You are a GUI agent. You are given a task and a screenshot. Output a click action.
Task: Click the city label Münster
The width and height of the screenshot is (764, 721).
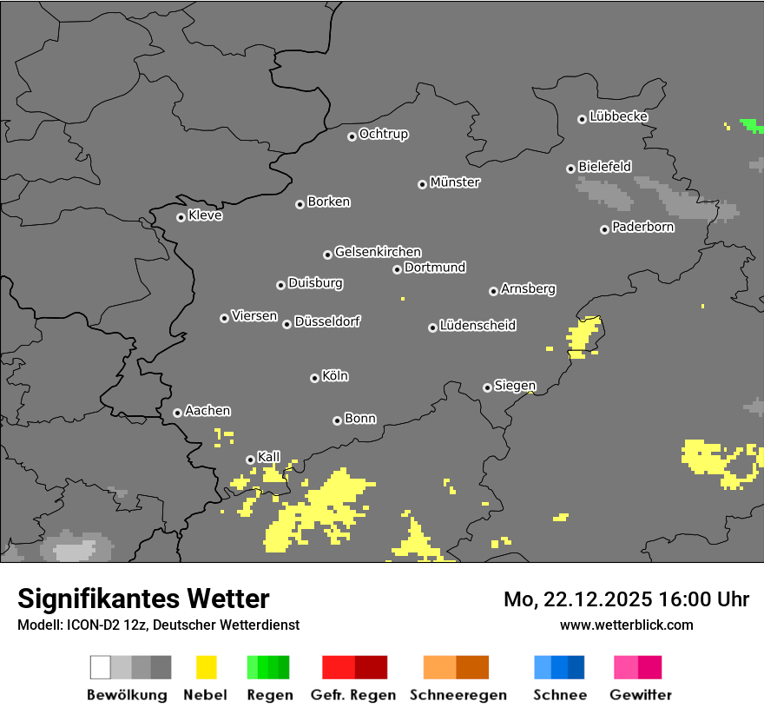(x=455, y=182)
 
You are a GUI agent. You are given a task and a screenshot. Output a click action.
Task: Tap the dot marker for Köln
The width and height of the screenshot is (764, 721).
(x=314, y=378)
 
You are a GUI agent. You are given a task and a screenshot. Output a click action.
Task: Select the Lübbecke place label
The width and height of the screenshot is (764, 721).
(x=618, y=116)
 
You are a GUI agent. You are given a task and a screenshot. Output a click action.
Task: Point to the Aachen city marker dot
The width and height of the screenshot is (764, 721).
(x=177, y=413)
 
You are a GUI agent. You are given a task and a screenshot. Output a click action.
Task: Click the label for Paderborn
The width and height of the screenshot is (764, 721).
(x=642, y=227)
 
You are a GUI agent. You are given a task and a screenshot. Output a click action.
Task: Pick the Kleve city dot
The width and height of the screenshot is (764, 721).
(x=181, y=217)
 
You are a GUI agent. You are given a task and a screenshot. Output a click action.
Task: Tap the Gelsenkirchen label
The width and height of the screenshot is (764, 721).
(x=378, y=252)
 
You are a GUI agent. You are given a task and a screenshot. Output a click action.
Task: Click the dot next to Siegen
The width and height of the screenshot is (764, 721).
(x=487, y=387)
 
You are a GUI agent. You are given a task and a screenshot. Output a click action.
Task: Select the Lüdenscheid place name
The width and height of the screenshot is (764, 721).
(x=477, y=326)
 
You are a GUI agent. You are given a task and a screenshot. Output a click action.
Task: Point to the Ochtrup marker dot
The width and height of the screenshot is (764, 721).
(x=352, y=136)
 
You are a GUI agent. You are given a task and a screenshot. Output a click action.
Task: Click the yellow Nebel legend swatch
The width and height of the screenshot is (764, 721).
(x=207, y=667)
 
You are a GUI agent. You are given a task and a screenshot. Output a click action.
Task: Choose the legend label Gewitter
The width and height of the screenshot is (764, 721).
(x=641, y=695)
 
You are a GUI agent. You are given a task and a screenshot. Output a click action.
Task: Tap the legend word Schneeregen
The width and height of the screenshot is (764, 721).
(x=458, y=695)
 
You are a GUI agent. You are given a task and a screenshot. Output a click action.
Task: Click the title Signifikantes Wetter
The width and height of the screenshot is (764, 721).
(x=143, y=599)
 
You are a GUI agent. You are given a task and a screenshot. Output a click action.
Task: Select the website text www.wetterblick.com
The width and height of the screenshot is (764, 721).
(x=627, y=625)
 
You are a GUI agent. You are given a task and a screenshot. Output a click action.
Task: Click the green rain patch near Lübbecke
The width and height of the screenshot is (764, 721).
(x=752, y=126)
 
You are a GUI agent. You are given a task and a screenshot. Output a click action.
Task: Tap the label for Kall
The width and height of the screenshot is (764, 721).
(x=269, y=457)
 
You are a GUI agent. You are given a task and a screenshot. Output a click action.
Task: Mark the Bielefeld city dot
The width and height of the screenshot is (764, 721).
(x=570, y=169)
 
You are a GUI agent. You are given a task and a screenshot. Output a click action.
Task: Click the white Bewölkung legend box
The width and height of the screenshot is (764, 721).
(x=101, y=667)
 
